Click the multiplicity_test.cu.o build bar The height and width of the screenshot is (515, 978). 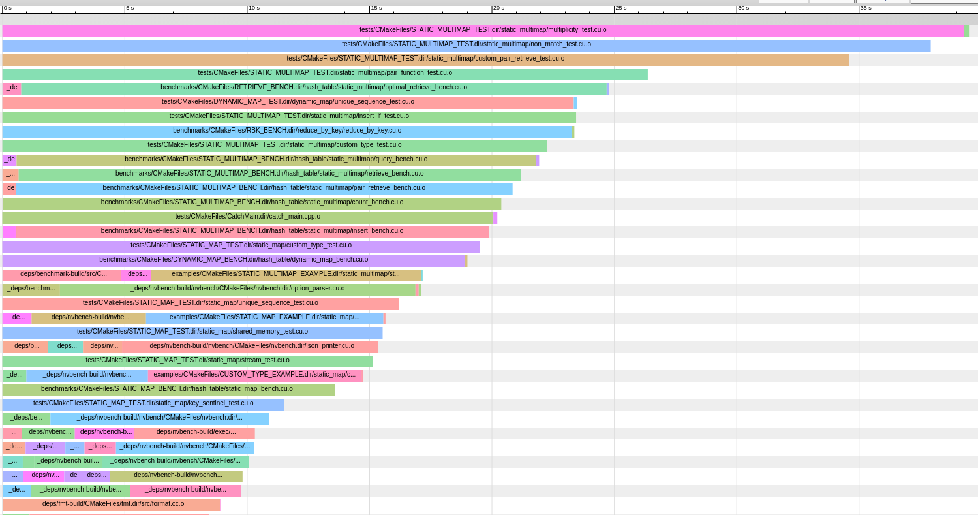(x=483, y=31)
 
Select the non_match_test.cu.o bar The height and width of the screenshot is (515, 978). (x=466, y=45)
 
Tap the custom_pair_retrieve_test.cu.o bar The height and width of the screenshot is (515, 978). (x=425, y=59)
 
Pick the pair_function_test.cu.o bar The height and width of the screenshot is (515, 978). (x=325, y=74)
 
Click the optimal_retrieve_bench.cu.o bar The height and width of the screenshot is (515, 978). (x=313, y=88)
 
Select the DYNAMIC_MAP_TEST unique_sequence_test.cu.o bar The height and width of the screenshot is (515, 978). (x=288, y=102)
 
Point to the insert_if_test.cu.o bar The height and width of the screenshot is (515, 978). (x=289, y=117)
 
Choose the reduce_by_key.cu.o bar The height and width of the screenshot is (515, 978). (x=287, y=131)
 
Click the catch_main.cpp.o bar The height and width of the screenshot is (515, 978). (x=247, y=217)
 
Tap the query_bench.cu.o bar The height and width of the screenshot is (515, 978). (x=276, y=160)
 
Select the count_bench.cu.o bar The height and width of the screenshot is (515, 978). (x=252, y=203)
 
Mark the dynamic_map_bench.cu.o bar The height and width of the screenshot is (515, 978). (x=234, y=260)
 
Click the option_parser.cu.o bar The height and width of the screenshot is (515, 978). (x=237, y=289)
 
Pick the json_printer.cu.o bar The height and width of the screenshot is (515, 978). (x=251, y=347)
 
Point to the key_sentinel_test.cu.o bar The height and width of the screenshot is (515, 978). (x=143, y=404)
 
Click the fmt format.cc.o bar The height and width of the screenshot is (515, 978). (x=111, y=505)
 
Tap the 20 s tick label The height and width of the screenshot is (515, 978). (x=498, y=8)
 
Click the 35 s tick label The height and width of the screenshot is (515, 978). (x=866, y=8)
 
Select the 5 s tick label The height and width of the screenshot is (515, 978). (x=130, y=8)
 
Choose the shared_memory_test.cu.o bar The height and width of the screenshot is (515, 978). (x=192, y=332)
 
